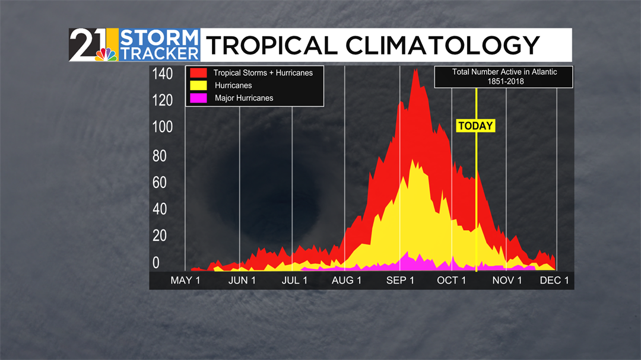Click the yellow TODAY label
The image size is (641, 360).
pyautogui.click(x=475, y=126)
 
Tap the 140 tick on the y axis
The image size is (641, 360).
pyautogui.click(x=162, y=74)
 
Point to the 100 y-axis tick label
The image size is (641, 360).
pyautogui.click(x=162, y=127)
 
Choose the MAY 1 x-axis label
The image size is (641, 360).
pyautogui.click(x=185, y=281)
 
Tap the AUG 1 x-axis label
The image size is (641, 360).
pyautogui.click(x=347, y=281)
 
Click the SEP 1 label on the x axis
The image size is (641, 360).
pyautogui.click(x=400, y=281)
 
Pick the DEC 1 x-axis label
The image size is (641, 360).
pyautogui.click(x=554, y=281)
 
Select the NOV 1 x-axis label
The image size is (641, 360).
pyautogui.click(x=507, y=281)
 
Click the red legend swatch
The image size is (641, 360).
pyautogui.click(x=198, y=73)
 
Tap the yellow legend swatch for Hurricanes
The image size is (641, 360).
pyautogui.click(x=198, y=85)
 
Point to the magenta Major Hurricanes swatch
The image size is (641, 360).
pyautogui.click(x=198, y=98)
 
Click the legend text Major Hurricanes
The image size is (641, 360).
pyautogui.click(x=244, y=98)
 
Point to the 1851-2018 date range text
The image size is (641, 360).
pyautogui.click(x=504, y=82)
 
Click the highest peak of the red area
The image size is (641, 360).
pyautogui.click(x=415, y=70)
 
